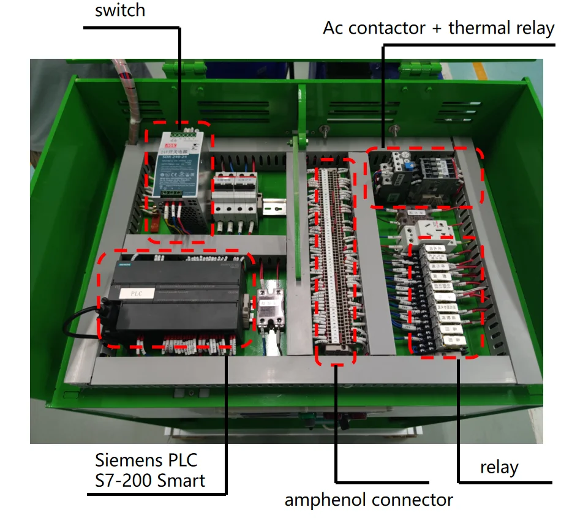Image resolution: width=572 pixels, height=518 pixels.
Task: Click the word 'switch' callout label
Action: click(120, 10)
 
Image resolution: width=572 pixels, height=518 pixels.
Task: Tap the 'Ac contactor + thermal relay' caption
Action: click(438, 28)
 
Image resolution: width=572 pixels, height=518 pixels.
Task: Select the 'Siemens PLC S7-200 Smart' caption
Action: click(150, 470)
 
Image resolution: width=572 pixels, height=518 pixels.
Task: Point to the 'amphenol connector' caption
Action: click(369, 500)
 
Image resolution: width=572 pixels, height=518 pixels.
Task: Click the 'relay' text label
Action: click(499, 468)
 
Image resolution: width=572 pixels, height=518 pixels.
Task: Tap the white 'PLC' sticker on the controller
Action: click(136, 293)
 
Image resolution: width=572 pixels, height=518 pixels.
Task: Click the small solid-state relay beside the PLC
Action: click(268, 308)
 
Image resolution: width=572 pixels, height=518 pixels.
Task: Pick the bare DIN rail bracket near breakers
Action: click(274, 206)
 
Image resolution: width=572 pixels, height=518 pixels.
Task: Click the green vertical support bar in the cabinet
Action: click(301, 184)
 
